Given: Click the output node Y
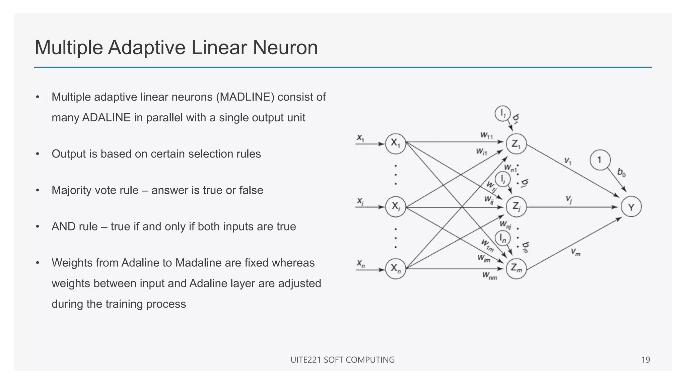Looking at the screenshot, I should point(631,207).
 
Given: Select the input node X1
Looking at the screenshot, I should point(396,144).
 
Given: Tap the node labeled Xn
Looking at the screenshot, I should point(396,269).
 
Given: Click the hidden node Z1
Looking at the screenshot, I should point(516,144).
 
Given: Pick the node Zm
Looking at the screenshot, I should point(516,268).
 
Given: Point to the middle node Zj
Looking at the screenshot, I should point(516,207).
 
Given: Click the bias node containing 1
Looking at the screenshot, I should point(600,160).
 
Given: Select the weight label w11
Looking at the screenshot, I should point(487,135).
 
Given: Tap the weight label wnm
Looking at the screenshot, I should point(489,276).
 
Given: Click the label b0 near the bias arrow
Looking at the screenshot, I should point(621,173).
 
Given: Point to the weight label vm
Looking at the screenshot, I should point(575,252).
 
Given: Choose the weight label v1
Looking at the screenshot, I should point(568,161).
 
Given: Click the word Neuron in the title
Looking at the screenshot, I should point(285,48).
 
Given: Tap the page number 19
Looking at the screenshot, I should point(645,360).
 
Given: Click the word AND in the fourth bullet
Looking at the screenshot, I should point(63,227).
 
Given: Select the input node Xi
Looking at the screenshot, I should point(396,206).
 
